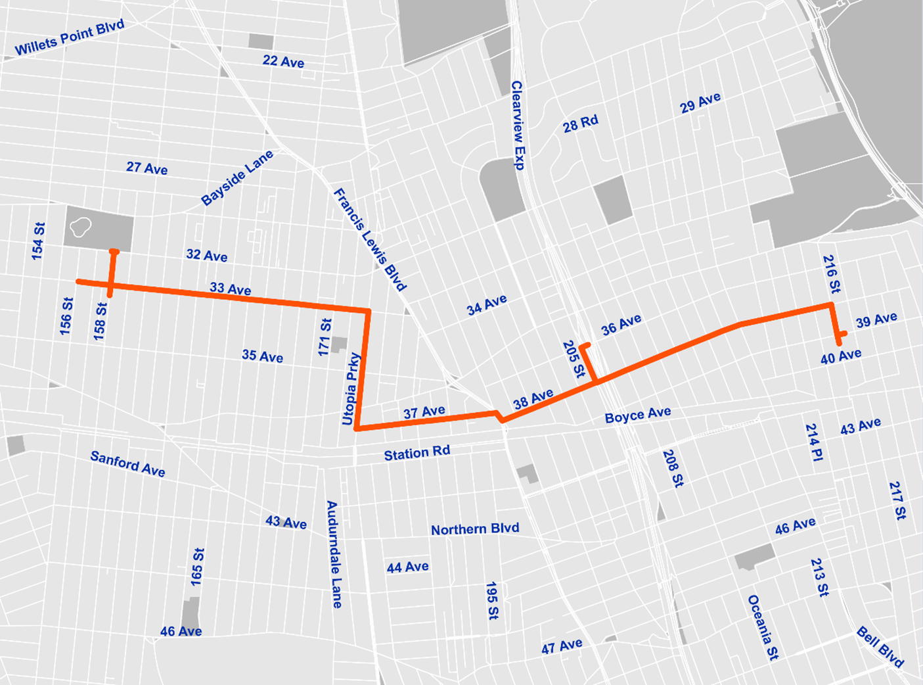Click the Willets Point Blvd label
69,38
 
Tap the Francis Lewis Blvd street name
370,239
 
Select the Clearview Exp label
518,126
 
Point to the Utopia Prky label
351,389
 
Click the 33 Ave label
230,289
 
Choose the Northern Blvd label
474,529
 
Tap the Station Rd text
416,453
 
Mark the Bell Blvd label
880,647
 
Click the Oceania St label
763,627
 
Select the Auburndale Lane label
334,554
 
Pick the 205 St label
573,359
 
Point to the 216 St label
831,274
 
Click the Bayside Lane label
236,178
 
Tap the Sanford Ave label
127,463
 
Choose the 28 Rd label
580,124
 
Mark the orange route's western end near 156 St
78,281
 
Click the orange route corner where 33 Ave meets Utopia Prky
369,310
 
